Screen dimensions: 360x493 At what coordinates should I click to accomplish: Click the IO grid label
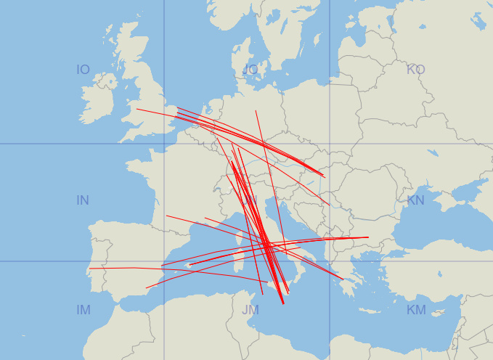83,70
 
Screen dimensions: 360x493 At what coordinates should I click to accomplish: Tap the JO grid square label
250,70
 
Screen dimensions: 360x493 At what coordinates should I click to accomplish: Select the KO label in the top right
416,70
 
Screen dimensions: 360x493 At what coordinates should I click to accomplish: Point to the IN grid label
83,200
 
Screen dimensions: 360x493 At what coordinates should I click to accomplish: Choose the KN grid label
416,200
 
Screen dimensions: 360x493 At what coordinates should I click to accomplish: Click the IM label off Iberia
83,310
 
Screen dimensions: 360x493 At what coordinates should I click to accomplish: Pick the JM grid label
250,310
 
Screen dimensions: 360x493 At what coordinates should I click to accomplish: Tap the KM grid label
416,310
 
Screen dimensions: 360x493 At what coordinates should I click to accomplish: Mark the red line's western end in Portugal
89,269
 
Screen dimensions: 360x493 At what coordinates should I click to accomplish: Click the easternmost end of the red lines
368,237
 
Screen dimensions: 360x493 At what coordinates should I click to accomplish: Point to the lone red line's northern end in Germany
256,111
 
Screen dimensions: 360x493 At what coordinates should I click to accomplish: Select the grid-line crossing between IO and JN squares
164,144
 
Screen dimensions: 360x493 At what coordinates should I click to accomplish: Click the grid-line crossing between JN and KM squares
330,261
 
